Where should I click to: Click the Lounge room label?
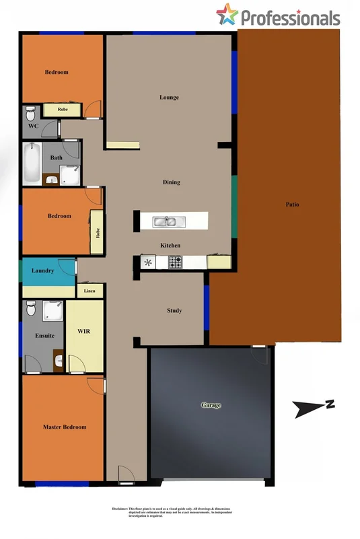[x=169, y=98]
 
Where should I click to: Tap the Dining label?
[x=172, y=182]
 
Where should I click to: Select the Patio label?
[x=291, y=205]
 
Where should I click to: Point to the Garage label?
[x=211, y=405]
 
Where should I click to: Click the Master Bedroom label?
[x=65, y=427]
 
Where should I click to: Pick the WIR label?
[x=84, y=332]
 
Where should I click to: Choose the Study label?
[x=174, y=310]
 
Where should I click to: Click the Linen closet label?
[x=89, y=291]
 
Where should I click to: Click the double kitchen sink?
[x=165, y=221]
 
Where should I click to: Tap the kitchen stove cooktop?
[x=175, y=262]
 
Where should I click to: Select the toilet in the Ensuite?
[x=31, y=310]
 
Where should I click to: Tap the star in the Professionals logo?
[x=227, y=14]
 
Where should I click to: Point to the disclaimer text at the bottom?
[x=180, y=513]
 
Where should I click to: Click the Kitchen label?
[x=170, y=246]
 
